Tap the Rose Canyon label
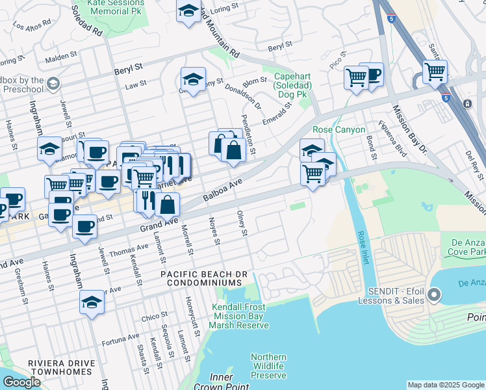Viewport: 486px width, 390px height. [339, 130]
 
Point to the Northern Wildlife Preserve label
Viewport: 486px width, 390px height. [269, 366]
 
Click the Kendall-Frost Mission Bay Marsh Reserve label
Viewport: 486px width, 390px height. [240, 316]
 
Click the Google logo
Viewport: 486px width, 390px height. [22, 383]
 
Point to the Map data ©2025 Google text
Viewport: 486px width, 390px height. [446, 385]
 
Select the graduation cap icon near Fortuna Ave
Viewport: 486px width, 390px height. [92, 302]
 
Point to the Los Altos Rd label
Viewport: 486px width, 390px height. [31, 27]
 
